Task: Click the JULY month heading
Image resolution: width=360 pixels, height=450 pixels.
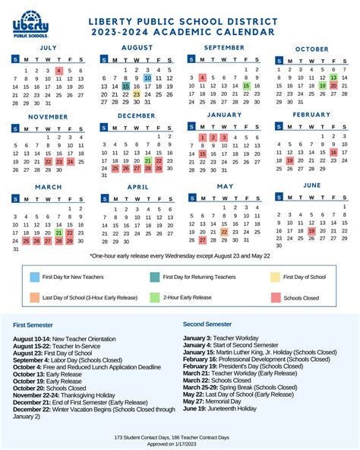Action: [48, 47]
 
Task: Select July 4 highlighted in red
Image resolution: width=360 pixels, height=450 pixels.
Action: [59, 70]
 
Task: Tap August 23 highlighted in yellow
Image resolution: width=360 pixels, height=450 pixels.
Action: [137, 95]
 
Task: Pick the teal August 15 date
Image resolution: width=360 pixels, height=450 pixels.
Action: [125, 87]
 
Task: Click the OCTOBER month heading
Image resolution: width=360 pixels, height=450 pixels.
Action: [311, 49]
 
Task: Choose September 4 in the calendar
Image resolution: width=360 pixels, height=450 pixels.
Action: [203, 77]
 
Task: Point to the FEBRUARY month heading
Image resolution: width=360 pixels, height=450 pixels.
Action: [311, 114]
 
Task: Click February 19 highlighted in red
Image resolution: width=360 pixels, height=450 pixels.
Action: [289, 160]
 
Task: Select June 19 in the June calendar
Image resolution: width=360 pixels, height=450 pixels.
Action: [311, 231]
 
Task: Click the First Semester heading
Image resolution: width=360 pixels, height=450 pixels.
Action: [33, 325]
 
